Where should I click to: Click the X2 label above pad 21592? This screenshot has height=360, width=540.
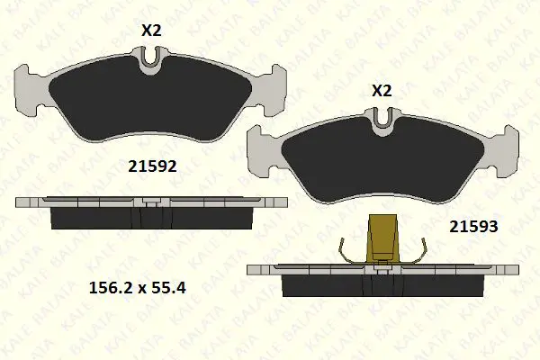(151, 31)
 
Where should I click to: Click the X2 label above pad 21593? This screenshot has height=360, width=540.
(382, 91)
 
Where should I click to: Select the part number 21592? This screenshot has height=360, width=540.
(152, 166)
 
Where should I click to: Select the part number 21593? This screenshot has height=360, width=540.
(473, 227)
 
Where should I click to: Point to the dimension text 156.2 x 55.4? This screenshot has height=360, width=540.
(138, 288)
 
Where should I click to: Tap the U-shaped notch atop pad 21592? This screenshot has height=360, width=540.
(152, 56)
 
